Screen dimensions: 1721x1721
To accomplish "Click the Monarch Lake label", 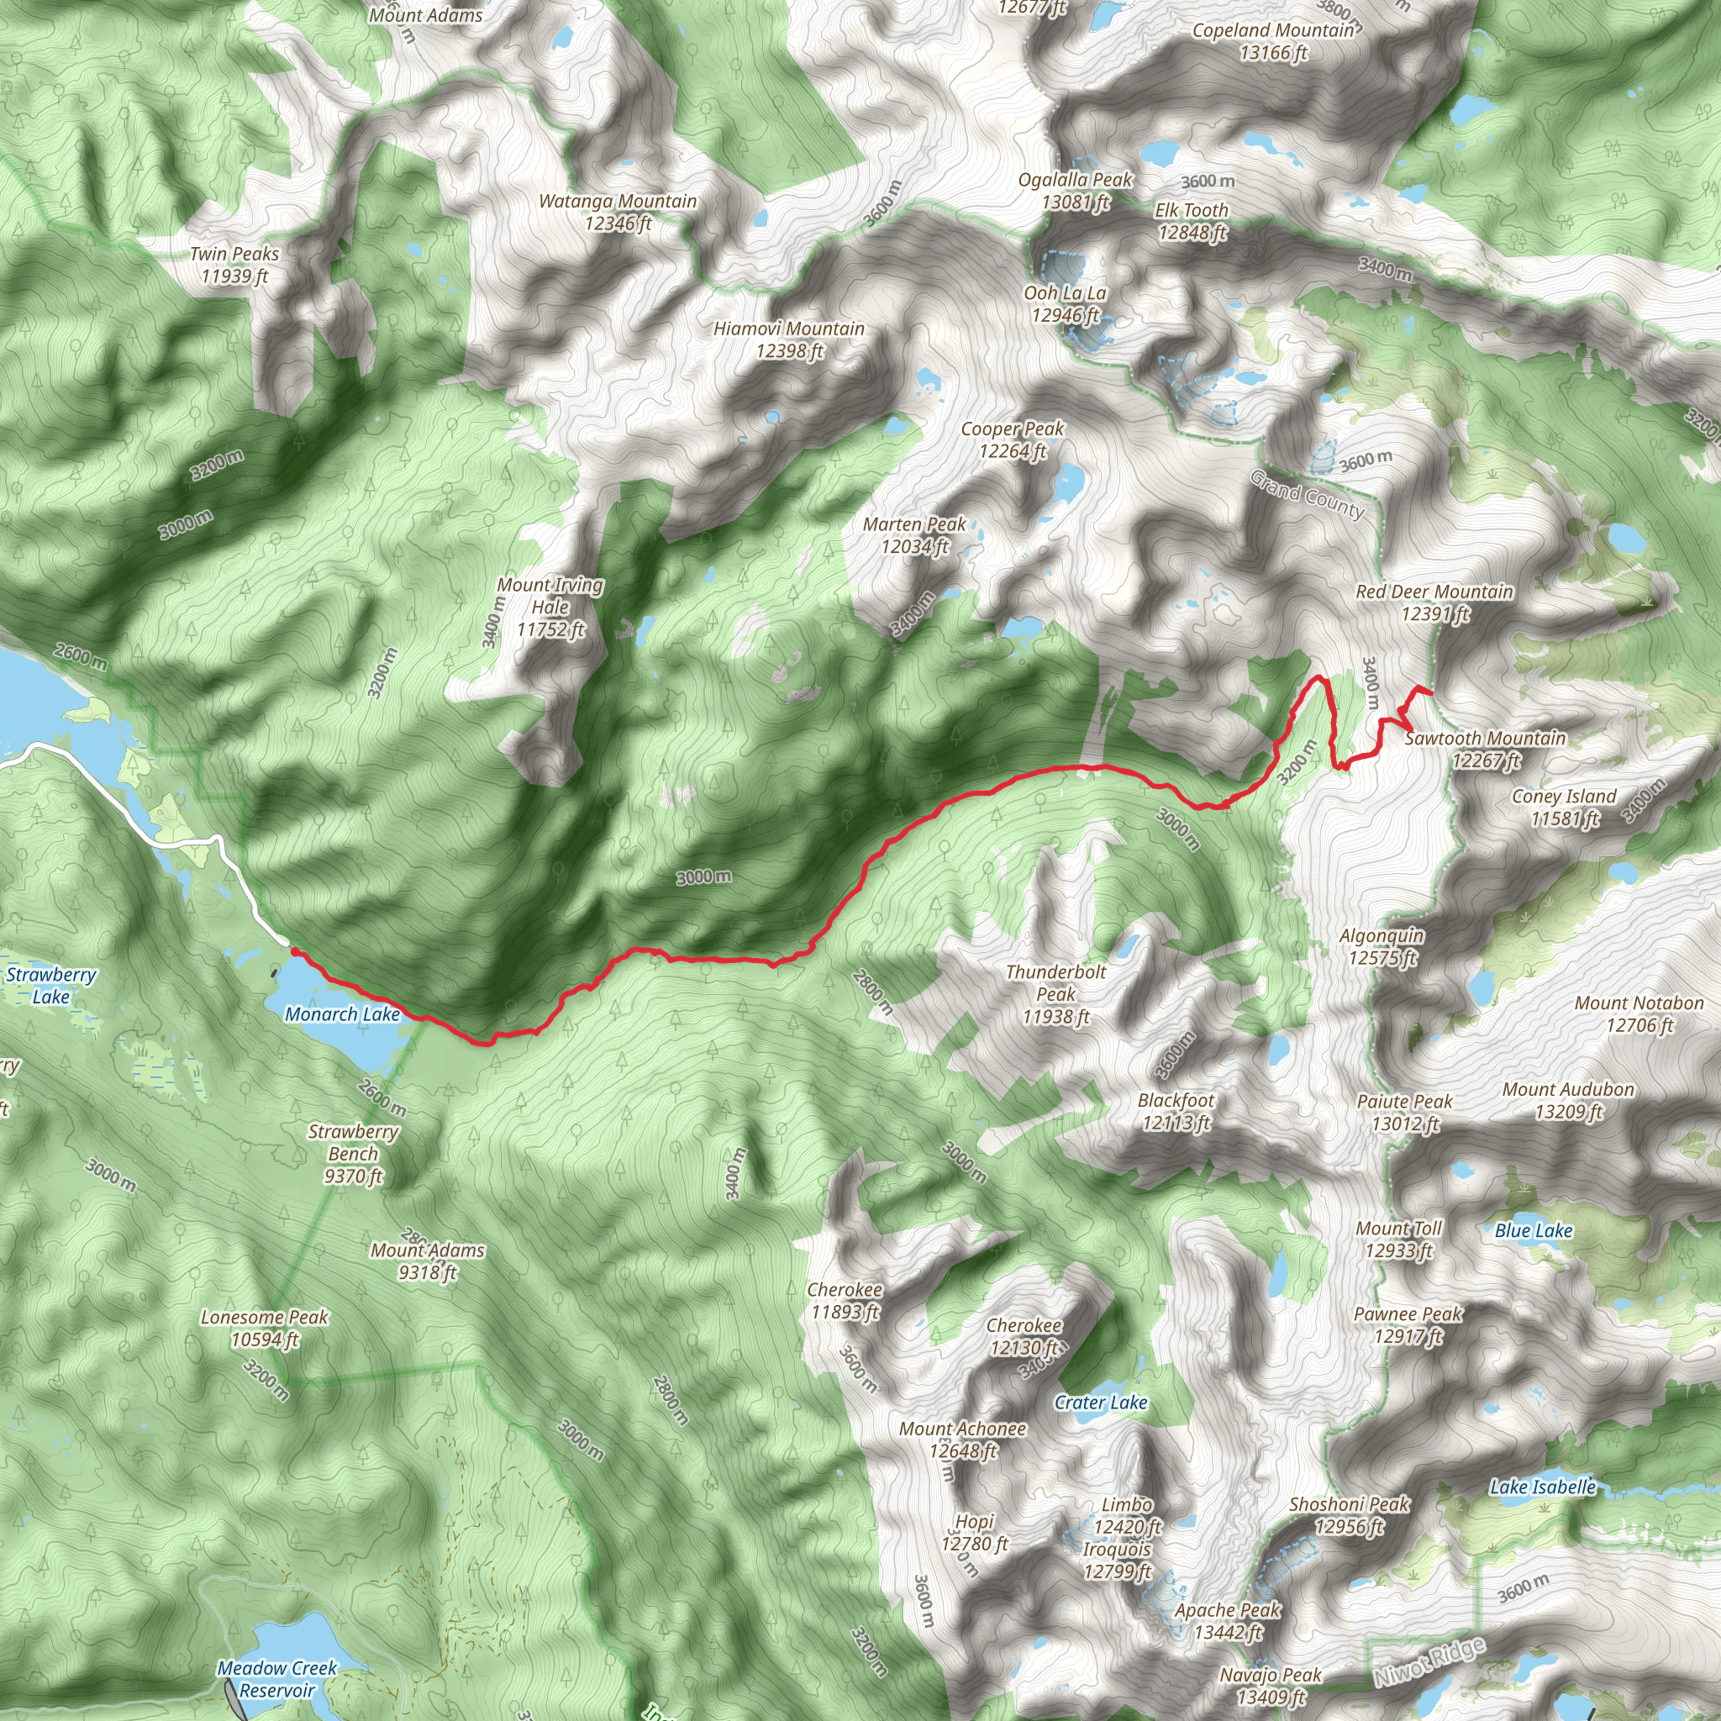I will tap(342, 1013).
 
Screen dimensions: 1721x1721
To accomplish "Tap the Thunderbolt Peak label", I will tap(1055, 994).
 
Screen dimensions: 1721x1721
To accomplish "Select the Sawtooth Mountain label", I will tap(1485, 748).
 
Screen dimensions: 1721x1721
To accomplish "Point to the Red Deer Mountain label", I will tap(1434, 603).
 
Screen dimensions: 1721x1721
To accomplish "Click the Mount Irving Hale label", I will tap(550, 607).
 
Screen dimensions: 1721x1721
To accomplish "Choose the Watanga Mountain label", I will tap(618, 212).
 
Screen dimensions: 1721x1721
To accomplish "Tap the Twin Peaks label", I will tap(234, 265).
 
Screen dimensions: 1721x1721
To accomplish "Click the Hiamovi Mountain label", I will tap(789, 339).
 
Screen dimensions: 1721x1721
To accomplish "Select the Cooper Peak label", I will tap(1012, 439).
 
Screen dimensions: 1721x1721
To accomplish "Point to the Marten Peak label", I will tap(914, 534).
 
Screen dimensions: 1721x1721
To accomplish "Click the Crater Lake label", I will tap(1101, 1403).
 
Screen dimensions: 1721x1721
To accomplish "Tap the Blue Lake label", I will tap(1533, 1230).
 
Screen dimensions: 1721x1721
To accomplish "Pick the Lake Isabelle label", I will tap(1543, 1486).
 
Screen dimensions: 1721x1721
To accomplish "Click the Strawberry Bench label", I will tap(354, 1154).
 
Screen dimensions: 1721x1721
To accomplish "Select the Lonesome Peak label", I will tap(265, 1327).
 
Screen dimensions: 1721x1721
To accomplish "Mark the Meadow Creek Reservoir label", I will tap(277, 1678).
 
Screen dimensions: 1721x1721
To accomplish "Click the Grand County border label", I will tap(1307, 494).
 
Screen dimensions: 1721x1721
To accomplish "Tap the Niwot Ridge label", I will tap(1429, 1661).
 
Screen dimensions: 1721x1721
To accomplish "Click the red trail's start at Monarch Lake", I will tap(294, 951).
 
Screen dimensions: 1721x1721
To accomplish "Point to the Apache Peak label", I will tap(1228, 1620).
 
